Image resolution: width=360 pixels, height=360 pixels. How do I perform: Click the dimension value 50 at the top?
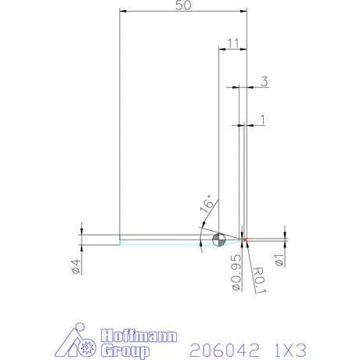[x=183, y=6]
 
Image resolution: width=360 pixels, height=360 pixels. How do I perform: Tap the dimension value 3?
[x=265, y=81]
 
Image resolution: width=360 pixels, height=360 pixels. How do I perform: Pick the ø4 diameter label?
[x=76, y=266]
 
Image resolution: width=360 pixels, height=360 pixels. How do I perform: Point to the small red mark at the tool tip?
[x=244, y=239]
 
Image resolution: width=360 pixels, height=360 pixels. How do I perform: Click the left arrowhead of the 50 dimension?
[x=123, y=11]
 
